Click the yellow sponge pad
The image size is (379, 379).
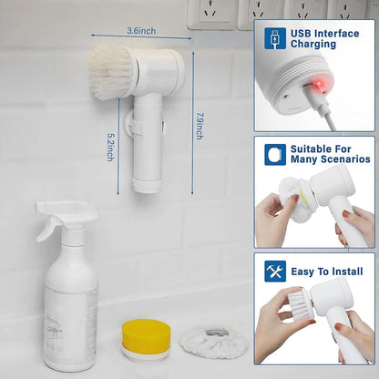point(146,336)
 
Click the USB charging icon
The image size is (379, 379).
point(275,38)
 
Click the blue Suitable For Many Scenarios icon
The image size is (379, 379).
point(275,155)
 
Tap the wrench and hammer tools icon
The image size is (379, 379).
point(275,271)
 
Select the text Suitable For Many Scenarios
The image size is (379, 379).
point(329,155)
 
